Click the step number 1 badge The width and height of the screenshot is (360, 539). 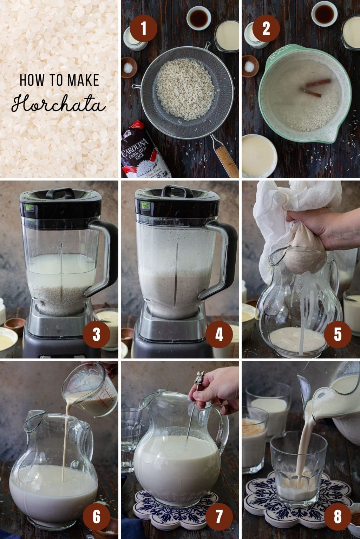[143, 28]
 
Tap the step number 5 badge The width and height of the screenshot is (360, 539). [338, 334]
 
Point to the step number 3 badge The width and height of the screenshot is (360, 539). [97, 334]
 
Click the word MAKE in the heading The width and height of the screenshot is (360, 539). [83, 80]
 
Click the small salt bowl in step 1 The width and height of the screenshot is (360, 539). [129, 67]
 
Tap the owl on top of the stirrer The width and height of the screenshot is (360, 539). [200, 377]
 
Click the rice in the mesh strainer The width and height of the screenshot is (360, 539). [185, 89]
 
